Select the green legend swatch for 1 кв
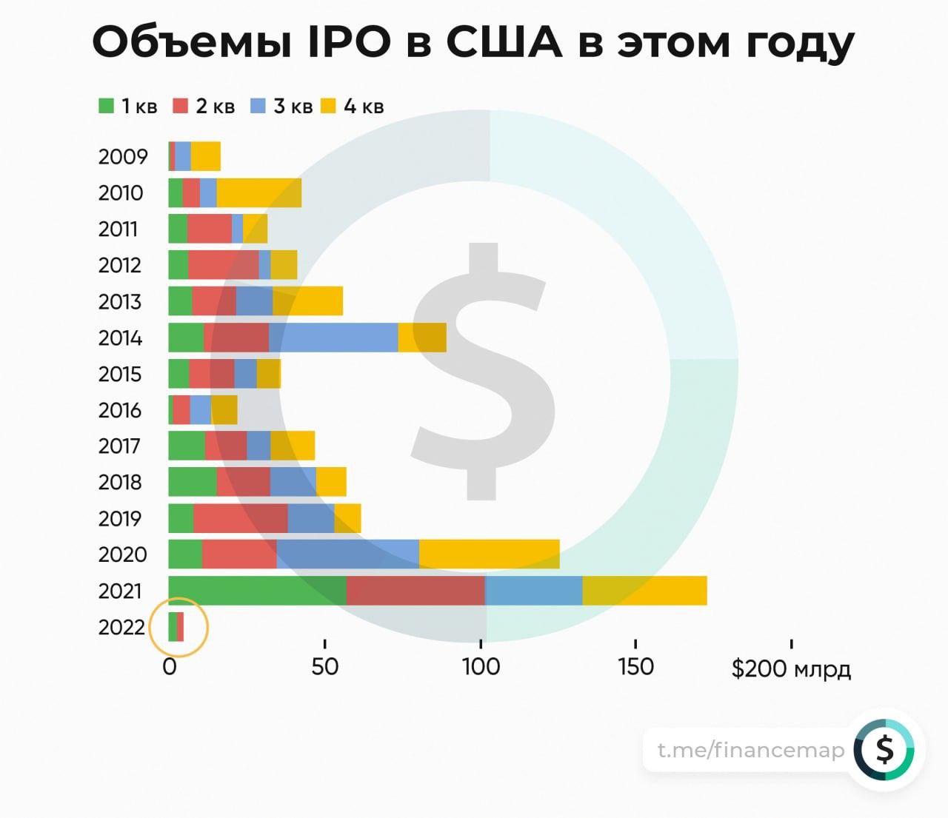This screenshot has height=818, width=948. pos(107,106)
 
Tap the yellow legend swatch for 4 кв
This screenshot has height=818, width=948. pos(329,106)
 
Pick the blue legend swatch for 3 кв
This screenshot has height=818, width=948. pos(258,106)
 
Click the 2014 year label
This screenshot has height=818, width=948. pos(120,338)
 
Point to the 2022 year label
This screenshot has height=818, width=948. pos(121,628)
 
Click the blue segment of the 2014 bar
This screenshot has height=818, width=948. pos(333,338)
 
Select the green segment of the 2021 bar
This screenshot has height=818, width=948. pos(257,591)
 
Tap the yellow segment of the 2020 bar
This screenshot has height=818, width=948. pos(489,554)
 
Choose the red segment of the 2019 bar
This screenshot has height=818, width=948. pos(241,518)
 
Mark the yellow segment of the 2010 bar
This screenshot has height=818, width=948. pos(259,192)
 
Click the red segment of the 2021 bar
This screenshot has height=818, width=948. pos(415,591)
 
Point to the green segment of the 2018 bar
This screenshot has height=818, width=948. pos(193,482)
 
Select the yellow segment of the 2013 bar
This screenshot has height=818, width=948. pos(307,301)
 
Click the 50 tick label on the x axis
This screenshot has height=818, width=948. pos(324,667)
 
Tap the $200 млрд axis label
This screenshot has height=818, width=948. pos(791,669)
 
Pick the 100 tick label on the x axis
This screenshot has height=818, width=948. pos(481,667)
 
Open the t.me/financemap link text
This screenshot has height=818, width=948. pos(751,751)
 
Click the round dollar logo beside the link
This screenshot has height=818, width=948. pos(884,750)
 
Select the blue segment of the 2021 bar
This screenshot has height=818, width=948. pos(533,591)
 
